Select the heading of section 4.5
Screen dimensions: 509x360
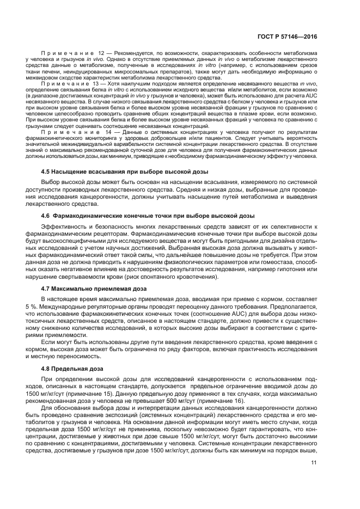[x=125, y=171]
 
